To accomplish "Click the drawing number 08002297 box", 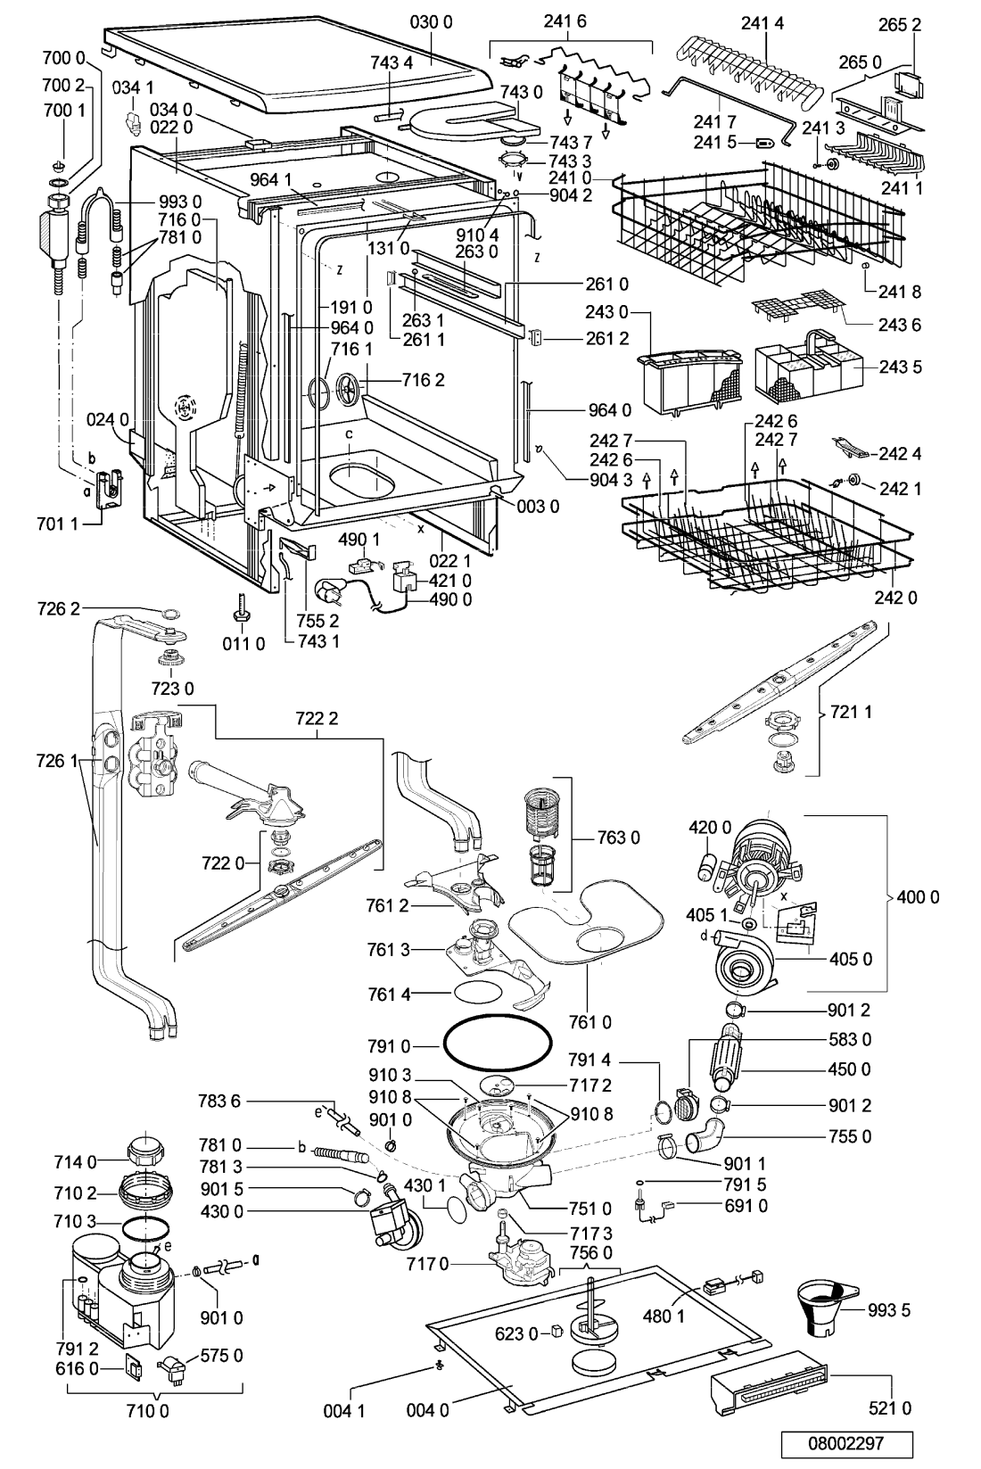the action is coord(846,1443).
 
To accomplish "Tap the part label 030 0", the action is coord(431,21).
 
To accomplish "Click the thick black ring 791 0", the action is coord(498,1044).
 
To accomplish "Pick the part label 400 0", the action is coord(918,896).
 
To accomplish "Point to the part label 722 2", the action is coord(317,719).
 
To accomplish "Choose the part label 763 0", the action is coord(618,838).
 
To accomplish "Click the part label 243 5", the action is coord(901,367).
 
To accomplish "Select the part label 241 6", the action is coord(565,21).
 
